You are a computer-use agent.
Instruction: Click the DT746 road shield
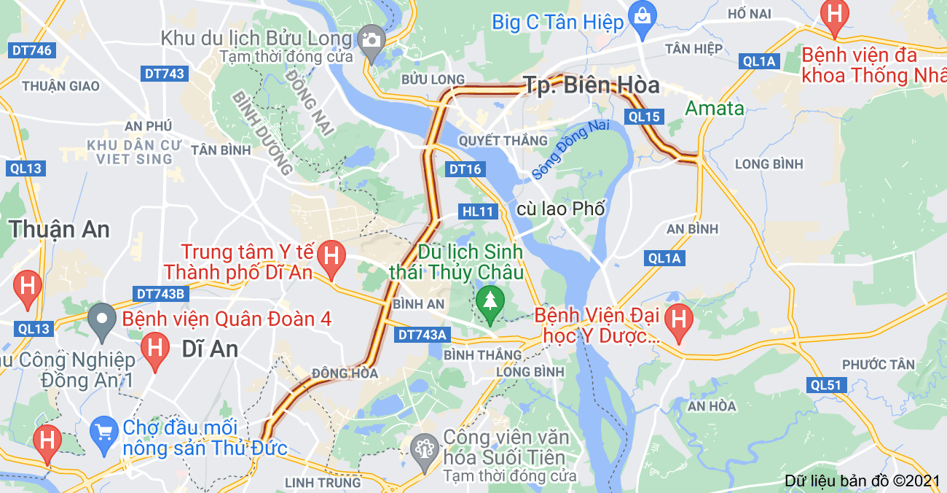point(31,50)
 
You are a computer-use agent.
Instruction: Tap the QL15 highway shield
point(644,117)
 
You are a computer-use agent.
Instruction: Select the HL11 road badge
point(479,211)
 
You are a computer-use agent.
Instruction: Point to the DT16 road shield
point(465,169)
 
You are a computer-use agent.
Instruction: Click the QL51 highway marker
point(827,385)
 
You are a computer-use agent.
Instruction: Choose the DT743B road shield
point(162,293)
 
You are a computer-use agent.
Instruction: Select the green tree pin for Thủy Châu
point(490,302)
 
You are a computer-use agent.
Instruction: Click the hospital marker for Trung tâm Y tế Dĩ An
point(331,257)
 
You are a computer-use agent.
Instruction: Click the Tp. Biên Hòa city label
point(592,85)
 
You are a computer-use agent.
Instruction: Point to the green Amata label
point(714,109)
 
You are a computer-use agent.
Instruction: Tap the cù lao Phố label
point(561,209)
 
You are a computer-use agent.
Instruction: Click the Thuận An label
point(60,229)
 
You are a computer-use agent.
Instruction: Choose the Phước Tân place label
point(878,364)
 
